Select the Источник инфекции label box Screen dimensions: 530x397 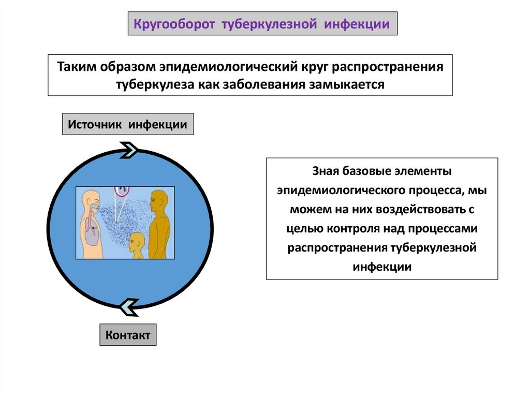click(x=128, y=124)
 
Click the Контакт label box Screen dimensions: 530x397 click(x=128, y=335)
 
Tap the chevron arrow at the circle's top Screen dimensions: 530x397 click(x=130, y=151)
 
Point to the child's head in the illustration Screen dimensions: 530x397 click(x=137, y=241)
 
